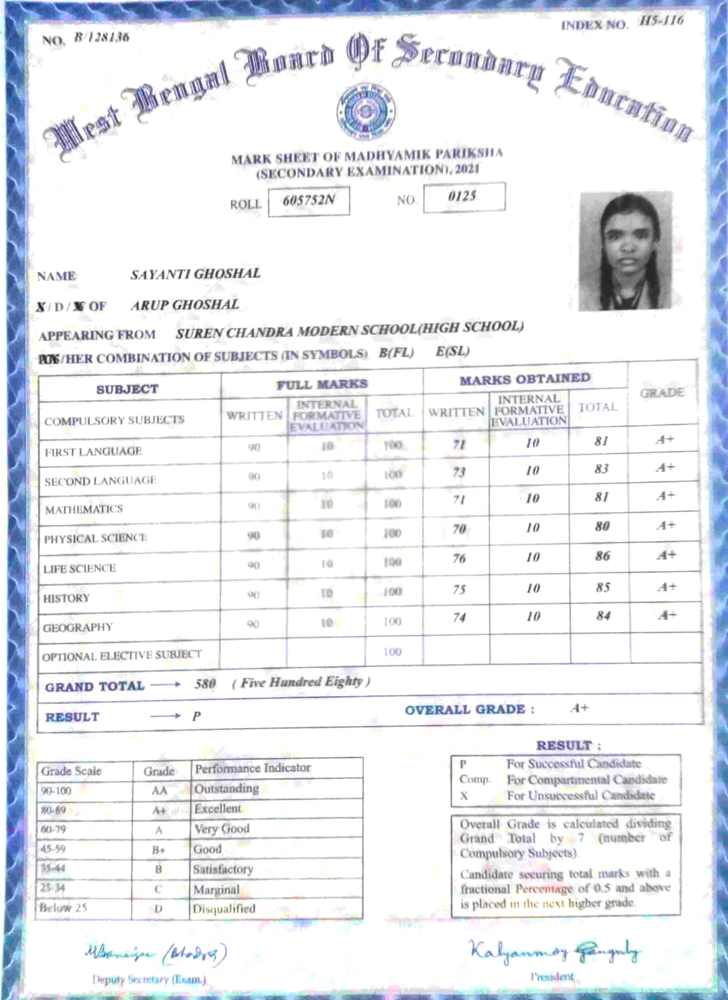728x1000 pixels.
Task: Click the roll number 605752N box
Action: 309,201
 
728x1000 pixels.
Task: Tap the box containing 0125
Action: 463,197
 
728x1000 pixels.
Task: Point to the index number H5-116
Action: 661,21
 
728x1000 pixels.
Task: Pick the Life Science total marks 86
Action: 601,557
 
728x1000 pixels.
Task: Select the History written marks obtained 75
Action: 459,590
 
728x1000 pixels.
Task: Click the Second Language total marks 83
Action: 601,470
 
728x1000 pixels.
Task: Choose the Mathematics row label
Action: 84,509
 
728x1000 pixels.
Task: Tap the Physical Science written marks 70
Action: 459,530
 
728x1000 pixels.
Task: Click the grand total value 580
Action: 205,684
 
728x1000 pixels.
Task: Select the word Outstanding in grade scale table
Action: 227,789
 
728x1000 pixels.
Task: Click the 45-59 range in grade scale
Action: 54,850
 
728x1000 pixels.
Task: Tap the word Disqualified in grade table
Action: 224,909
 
